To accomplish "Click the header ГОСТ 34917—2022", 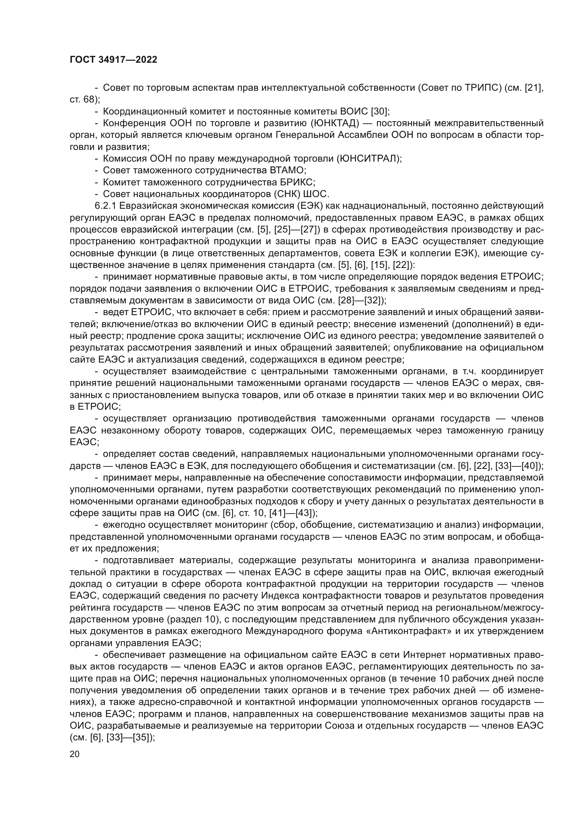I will [x=113, y=60].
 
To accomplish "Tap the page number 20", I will [x=75, y=754].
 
